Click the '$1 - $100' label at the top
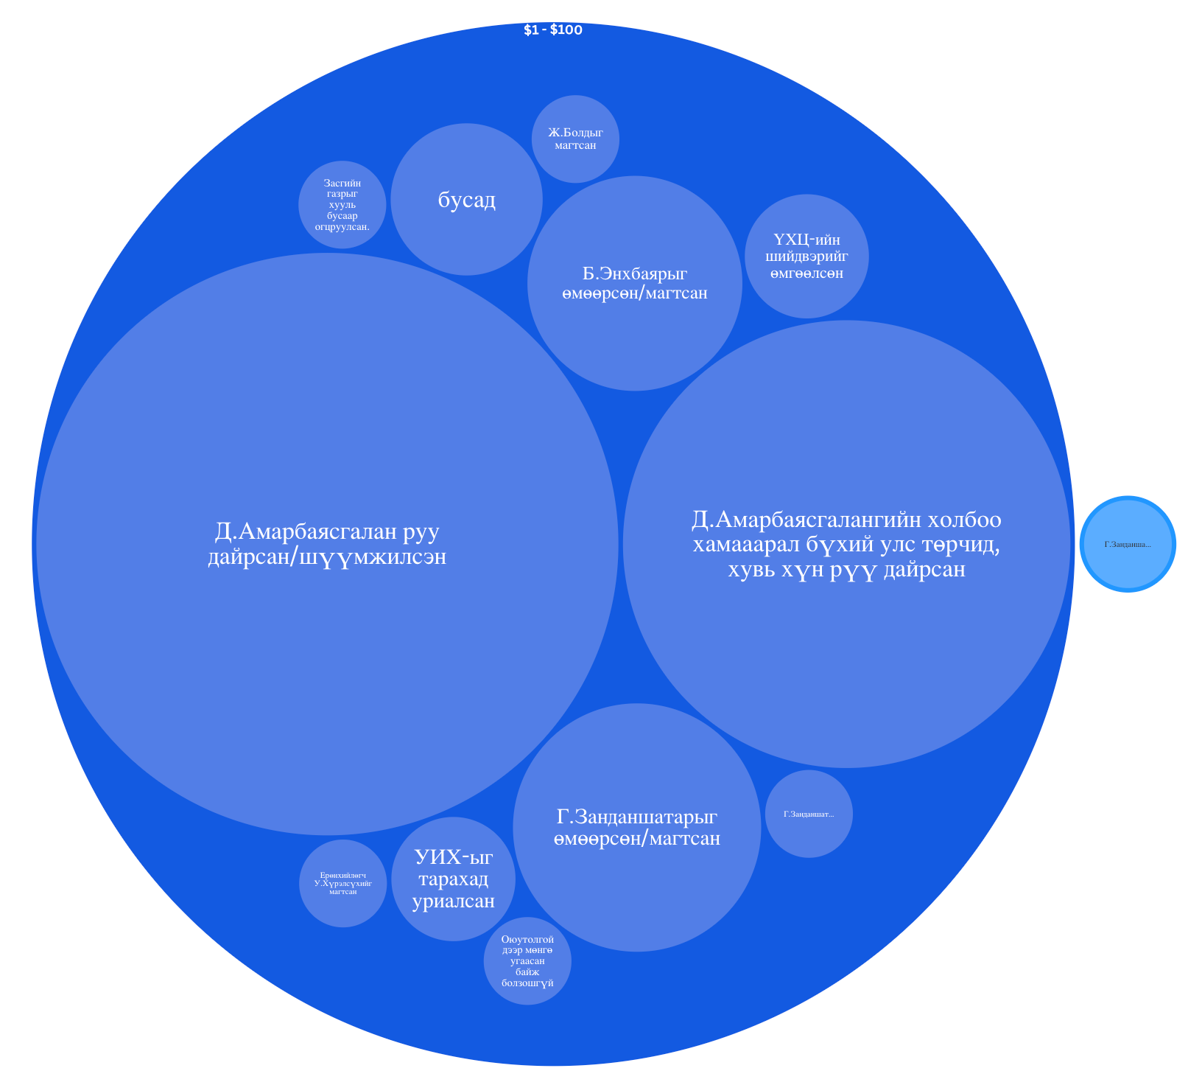(552, 30)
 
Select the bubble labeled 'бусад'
(466, 200)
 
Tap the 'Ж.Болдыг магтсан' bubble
(575, 139)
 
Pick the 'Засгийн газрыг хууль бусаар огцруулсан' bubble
(342, 204)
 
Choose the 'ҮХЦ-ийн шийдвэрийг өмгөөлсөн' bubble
(807, 257)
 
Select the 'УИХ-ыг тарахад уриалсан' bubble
(453, 879)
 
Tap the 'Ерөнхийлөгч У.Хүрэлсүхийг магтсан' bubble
(343, 883)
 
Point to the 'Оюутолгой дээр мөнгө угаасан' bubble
(527, 961)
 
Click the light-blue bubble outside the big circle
(1128, 545)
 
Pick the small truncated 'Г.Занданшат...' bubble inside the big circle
(809, 814)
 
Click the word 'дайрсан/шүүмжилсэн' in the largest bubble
(327, 557)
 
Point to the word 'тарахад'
(453, 879)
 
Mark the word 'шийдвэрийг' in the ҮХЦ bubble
(807, 257)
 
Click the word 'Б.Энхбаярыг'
(634, 273)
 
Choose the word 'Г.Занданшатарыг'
(637, 817)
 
